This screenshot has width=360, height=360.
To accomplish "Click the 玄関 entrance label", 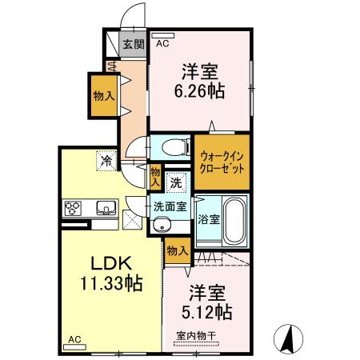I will [x=133, y=45].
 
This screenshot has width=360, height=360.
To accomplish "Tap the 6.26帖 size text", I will [x=199, y=90].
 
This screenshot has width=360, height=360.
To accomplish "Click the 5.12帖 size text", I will [x=210, y=310].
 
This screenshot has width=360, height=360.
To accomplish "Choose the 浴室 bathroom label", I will [x=209, y=218].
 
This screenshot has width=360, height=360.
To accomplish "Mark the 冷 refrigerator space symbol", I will [x=106, y=162].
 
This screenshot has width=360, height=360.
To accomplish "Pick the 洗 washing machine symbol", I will [x=176, y=182].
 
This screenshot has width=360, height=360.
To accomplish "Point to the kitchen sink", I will [x=104, y=209].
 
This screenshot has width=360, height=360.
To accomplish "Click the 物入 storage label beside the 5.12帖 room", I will [x=178, y=252].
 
